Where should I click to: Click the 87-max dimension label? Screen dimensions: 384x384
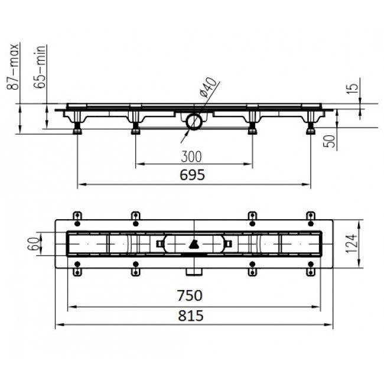coord(12,67)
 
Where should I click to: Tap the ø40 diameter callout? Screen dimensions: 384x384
coord(208,87)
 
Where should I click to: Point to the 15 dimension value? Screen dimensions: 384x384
coord(352,89)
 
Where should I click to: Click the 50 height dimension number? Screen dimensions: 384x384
coord(330,141)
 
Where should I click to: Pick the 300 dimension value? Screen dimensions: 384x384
coord(191,157)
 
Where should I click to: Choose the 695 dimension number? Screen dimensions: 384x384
coord(192,175)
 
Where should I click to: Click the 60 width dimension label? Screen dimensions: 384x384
coord(33,243)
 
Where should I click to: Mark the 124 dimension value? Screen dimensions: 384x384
coord(352,243)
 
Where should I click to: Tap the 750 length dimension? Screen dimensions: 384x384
coord(190,295)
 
